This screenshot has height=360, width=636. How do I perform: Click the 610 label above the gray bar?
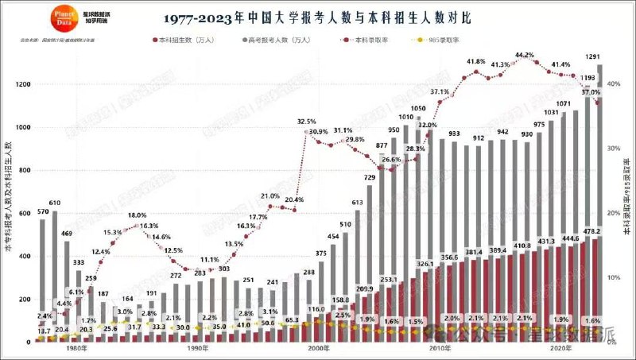point(55,203)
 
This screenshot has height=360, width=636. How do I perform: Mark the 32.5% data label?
point(306,122)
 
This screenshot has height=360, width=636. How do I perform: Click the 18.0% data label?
point(138,215)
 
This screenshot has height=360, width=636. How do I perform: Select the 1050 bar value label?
point(418,108)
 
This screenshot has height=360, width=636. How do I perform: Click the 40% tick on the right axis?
point(614,83)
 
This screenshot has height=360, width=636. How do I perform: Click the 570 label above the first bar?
point(43,212)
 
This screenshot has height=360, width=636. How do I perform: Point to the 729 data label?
point(370,177)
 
